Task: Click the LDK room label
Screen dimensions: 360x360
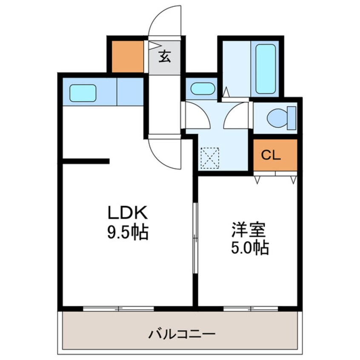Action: [127, 211]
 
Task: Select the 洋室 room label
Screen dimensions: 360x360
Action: [249, 230]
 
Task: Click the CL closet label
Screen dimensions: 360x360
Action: [271, 155]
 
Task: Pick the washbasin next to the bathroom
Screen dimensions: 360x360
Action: [202, 89]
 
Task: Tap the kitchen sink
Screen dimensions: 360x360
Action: [83, 93]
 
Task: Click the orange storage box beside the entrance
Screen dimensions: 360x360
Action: [127, 56]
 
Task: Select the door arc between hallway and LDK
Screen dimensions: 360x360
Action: [164, 153]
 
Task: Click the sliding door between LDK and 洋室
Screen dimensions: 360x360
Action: [195, 238]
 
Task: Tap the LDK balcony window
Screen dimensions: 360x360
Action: [119, 308]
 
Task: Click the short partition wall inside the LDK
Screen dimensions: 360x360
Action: [86, 161]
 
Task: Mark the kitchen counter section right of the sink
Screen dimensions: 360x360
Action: [130, 92]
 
